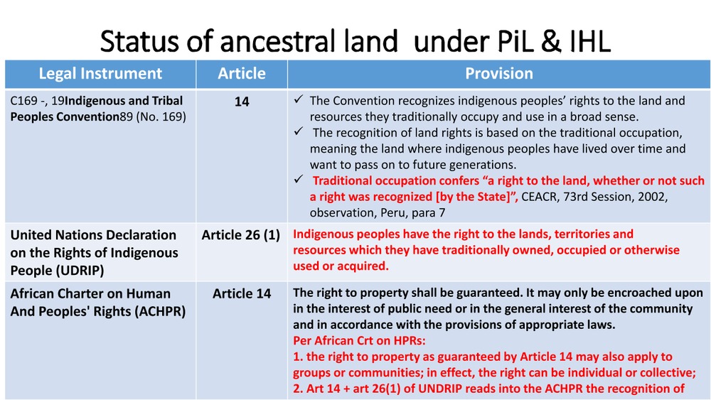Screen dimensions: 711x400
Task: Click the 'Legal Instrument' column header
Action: tap(100, 73)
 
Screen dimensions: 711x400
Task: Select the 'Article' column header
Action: tap(242, 73)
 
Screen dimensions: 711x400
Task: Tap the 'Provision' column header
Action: tap(499, 73)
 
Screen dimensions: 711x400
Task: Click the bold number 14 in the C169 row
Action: tap(242, 102)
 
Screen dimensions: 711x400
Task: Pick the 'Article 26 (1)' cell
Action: tap(241, 235)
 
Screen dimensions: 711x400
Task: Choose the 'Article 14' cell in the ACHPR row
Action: tap(242, 293)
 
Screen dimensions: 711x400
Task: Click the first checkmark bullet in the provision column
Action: tap(298, 99)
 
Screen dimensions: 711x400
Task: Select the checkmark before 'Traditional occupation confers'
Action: tap(298, 179)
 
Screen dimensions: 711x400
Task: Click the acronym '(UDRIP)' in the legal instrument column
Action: tap(80, 271)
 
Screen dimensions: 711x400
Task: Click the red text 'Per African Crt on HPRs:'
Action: tap(359, 340)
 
